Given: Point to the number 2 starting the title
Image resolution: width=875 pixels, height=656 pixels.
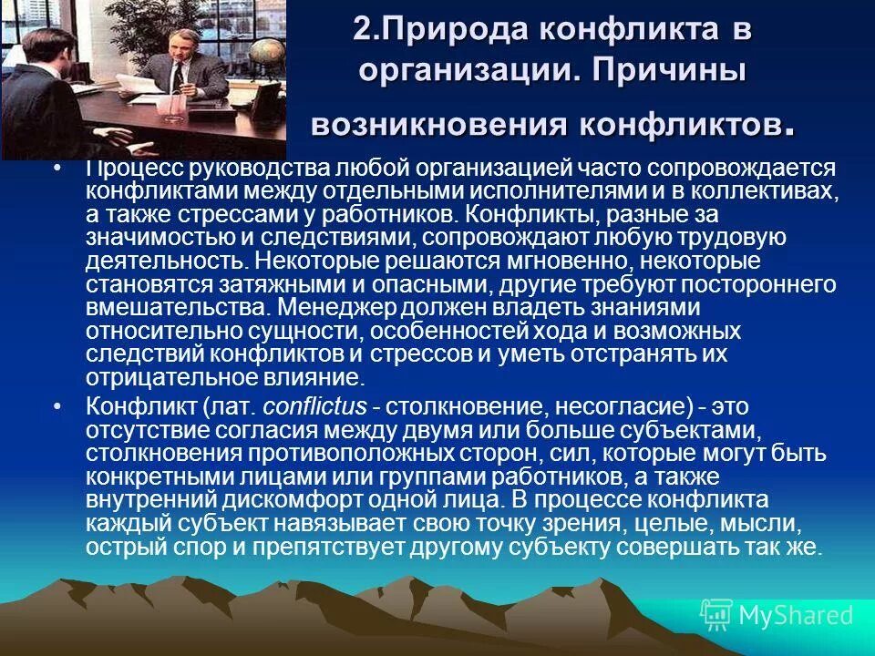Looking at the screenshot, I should (x=362, y=29).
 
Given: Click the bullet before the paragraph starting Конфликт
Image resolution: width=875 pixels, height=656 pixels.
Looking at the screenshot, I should (x=59, y=405).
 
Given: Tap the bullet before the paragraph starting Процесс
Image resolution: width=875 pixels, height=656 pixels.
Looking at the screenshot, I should (x=59, y=169).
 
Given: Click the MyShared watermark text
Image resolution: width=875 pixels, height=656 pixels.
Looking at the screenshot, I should (x=796, y=614).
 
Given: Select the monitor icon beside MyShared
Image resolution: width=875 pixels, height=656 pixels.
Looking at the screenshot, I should (x=717, y=614).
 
